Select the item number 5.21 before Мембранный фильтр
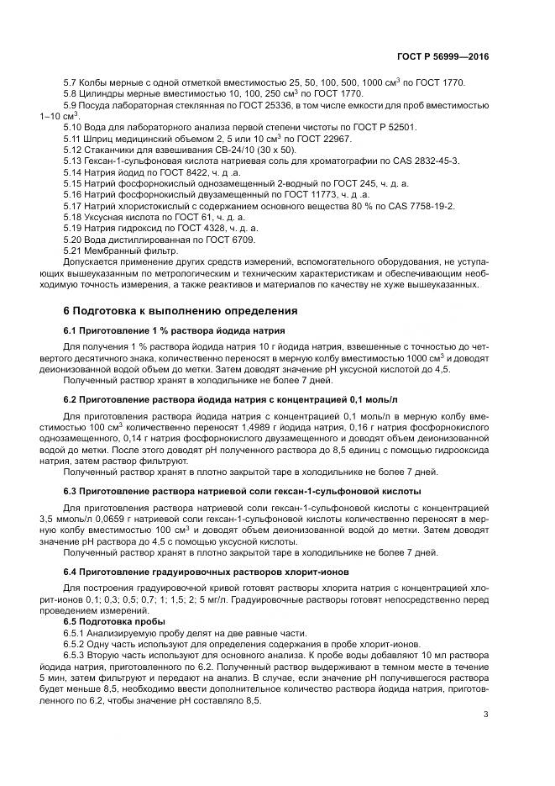point(75,251)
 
